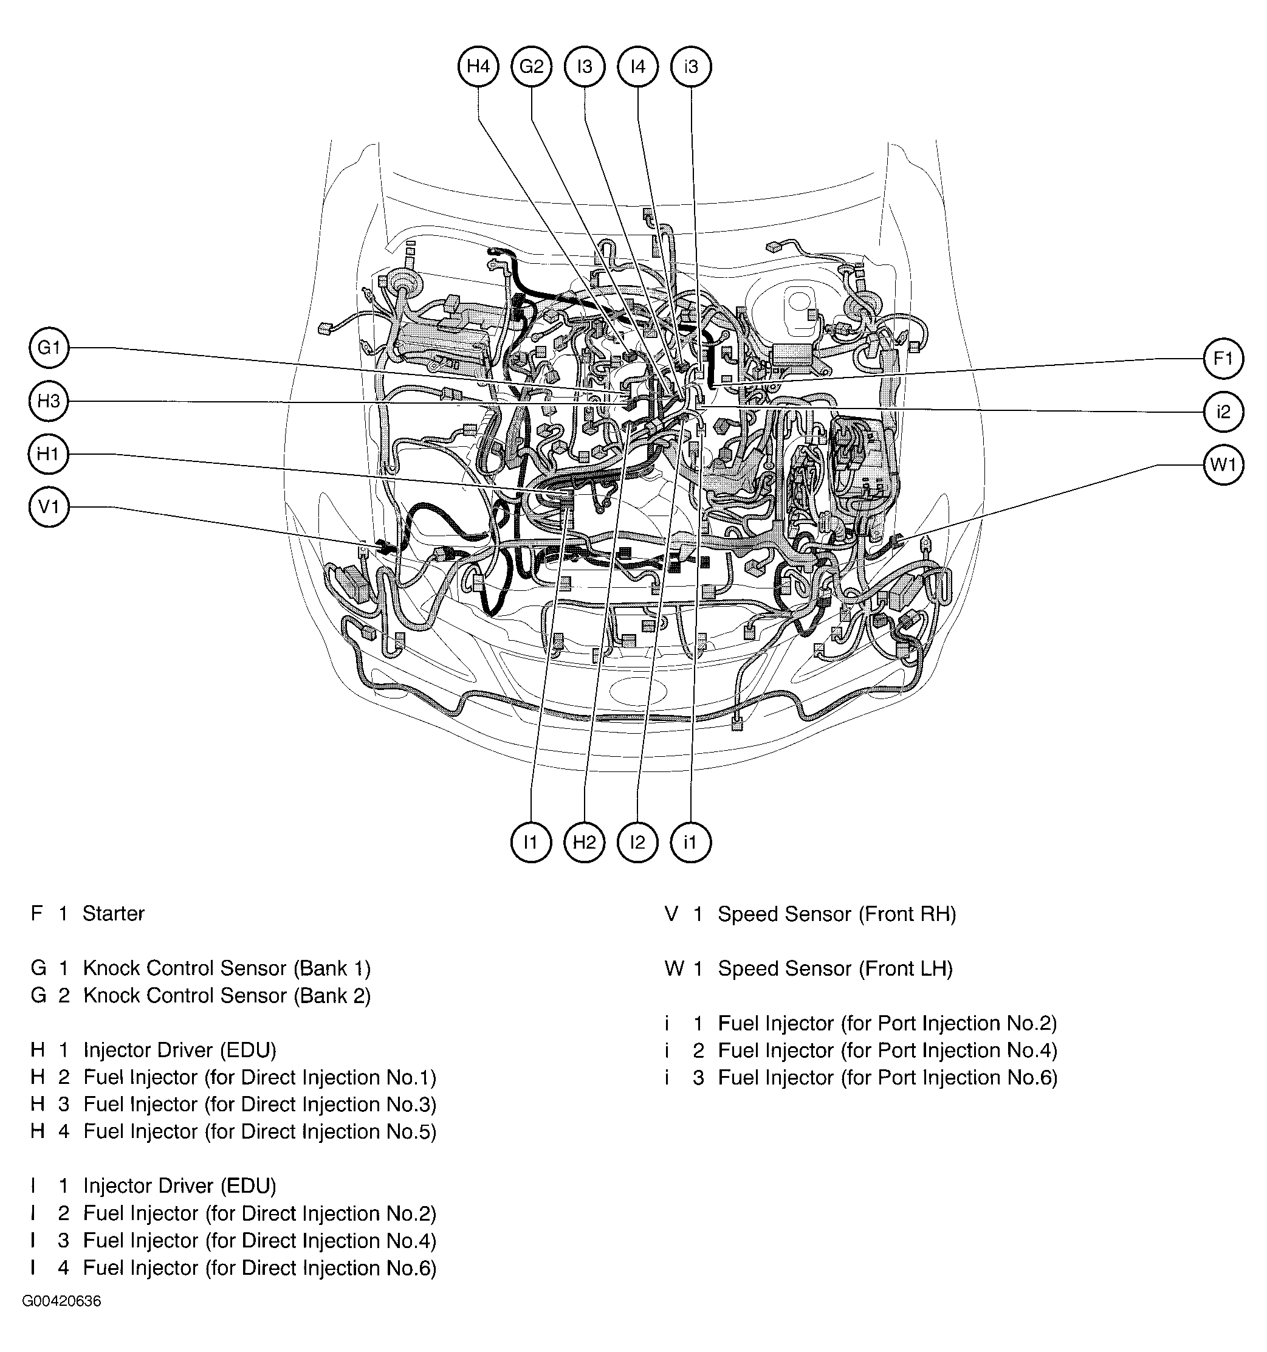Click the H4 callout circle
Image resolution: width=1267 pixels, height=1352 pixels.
tap(478, 67)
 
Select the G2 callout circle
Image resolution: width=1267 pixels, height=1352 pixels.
tap(531, 67)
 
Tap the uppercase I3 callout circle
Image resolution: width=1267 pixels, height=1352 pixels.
tap(585, 67)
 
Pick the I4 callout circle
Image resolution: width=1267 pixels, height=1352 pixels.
tap(637, 67)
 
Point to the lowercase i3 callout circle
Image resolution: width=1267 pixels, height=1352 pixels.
tap(690, 67)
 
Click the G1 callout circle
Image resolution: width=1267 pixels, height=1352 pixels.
tap(49, 348)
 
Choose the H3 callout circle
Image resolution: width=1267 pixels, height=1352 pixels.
tap(49, 401)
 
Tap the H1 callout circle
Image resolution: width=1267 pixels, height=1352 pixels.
tap(49, 454)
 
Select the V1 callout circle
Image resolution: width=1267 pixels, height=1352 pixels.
tap(49, 508)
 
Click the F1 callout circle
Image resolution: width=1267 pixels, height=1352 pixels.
tap(1223, 359)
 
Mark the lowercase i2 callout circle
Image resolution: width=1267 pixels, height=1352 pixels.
tap(1223, 412)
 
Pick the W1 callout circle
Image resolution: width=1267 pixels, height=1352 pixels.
tap(1223, 465)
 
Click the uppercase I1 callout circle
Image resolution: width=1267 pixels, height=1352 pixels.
tap(531, 843)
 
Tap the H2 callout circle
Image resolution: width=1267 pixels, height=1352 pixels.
tap(585, 843)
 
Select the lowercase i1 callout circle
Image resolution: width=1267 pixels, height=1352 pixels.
tap(690, 843)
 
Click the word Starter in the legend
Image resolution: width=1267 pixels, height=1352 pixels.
tap(114, 913)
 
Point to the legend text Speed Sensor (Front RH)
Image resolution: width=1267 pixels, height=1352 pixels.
tap(837, 914)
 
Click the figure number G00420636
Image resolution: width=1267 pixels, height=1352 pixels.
tap(62, 1302)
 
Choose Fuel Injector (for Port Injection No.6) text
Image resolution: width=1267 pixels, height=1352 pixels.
tap(888, 1078)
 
